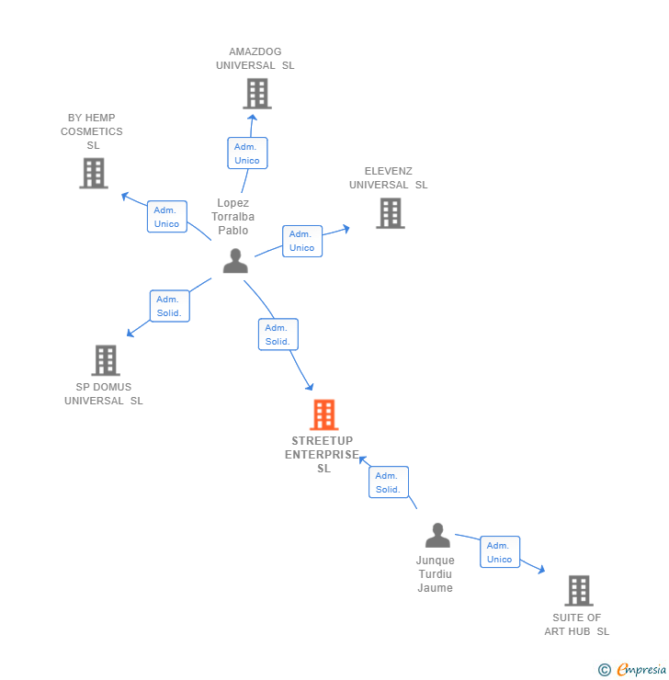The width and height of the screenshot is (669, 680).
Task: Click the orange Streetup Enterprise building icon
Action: point(323,415)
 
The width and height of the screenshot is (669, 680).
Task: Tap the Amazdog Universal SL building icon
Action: point(256,94)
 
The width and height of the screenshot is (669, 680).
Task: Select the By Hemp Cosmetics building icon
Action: point(93,173)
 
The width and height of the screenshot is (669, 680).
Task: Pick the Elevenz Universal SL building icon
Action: point(390,213)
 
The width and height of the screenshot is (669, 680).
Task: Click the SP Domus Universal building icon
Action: point(106,360)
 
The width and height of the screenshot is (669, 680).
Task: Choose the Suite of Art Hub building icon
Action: point(578,591)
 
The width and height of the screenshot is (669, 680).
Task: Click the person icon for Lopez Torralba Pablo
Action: point(235,262)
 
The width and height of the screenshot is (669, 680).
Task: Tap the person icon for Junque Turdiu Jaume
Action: point(437,536)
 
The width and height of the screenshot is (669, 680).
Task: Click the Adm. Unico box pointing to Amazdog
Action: point(247,153)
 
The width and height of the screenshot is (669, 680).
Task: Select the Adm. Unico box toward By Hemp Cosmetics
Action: point(166,217)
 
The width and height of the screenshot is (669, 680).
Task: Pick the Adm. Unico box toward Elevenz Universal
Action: point(301,241)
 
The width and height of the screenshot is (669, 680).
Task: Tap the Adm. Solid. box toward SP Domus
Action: point(169,306)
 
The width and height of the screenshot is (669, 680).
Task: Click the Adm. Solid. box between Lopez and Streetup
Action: point(278,334)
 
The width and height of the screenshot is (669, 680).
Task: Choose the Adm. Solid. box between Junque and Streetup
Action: point(388,482)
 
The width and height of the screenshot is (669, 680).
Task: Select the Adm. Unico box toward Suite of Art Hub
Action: point(499,552)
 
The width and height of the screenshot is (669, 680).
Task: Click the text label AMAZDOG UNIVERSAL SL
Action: point(255,59)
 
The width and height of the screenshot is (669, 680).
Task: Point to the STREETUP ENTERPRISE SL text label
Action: point(323,454)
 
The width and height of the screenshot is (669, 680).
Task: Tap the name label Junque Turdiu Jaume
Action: point(435,574)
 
